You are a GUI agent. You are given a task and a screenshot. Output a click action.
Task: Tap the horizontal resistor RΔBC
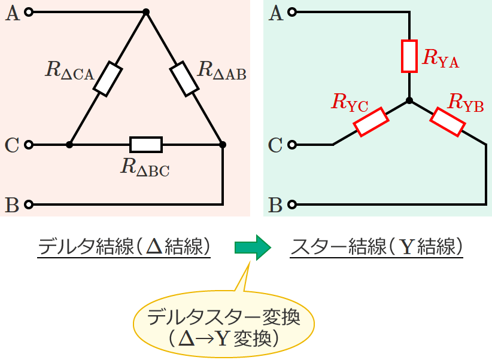point(146,145)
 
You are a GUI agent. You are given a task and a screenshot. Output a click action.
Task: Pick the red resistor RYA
point(409,56)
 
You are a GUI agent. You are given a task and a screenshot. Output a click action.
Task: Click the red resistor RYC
point(371,123)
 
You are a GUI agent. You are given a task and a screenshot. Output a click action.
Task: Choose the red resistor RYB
point(447,123)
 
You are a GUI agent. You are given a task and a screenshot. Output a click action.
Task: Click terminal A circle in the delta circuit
point(30,12)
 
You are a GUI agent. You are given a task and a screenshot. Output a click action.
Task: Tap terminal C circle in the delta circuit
point(30,145)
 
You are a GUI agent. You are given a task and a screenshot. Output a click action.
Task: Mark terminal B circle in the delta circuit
point(30,205)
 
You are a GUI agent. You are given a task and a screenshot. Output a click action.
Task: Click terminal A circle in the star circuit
point(293,12)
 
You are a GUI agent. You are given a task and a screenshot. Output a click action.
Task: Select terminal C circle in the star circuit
point(293,145)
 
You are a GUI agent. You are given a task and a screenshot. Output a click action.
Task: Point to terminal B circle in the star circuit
point(293,205)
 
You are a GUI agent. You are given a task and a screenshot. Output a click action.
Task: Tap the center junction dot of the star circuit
point(409,101)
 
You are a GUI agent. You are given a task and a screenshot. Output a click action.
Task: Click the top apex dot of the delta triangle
point(146,12)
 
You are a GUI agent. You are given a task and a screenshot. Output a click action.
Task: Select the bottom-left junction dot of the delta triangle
point(69,145)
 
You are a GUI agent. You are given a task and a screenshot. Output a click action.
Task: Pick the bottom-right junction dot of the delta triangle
point(223,145)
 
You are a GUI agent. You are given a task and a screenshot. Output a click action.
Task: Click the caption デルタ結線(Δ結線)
point(124,246)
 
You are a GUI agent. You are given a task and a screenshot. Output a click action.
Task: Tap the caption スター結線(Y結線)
point(376,246)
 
